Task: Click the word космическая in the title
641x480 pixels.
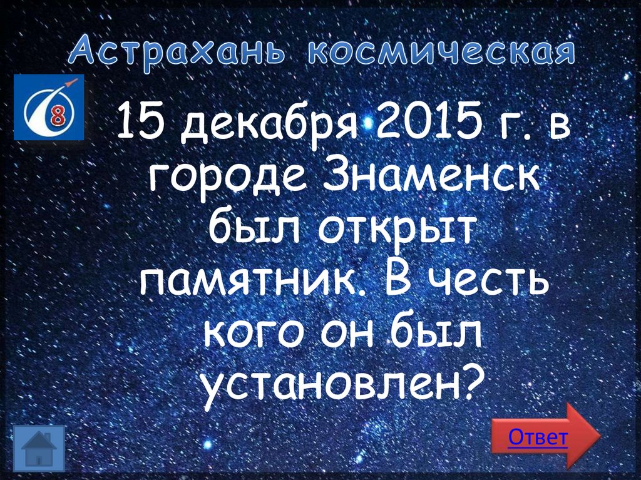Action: click(x=441, y=53)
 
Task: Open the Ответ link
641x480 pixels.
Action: click(x=538, y=437)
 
